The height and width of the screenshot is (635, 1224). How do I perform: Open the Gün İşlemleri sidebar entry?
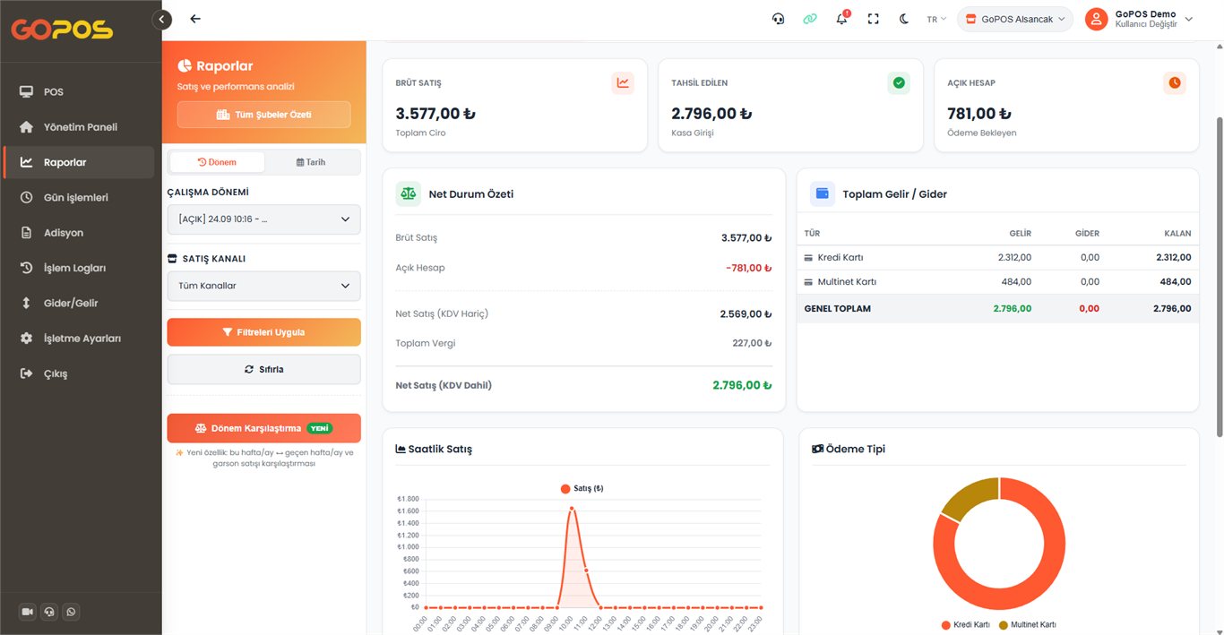75,197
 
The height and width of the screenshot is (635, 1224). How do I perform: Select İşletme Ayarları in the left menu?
82,338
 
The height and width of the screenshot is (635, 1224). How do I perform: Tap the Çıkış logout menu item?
56,373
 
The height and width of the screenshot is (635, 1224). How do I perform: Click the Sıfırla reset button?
264,369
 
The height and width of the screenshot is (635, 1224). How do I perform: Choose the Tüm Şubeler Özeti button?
264,115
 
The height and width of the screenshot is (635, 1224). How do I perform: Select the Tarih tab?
311,162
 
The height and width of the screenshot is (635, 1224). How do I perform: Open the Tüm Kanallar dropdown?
264,286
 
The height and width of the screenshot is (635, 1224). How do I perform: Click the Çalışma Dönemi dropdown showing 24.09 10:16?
264,219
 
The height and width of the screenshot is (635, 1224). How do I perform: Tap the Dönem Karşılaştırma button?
264,428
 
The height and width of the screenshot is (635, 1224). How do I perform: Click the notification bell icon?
841,19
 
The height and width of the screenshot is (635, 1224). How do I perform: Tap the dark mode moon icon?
904,19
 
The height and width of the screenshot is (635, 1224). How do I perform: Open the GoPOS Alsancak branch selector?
1014,19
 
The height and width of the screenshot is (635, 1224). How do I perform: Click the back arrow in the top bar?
195,19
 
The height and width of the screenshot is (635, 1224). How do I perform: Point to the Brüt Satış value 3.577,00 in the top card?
435,114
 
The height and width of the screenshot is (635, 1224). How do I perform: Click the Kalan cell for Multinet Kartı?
1176,282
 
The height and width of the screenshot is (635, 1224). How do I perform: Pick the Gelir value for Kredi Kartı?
1014,257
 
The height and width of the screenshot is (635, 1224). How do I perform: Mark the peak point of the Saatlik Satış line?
572,509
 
